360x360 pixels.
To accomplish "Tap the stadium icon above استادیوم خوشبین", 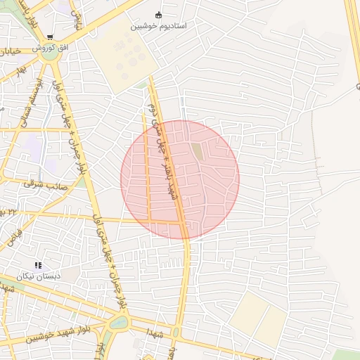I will [158, 15].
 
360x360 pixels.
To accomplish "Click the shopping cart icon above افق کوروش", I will [50, 37].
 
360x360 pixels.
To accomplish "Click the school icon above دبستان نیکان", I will [38, 265].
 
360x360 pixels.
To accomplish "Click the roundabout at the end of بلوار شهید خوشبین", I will [117, 323].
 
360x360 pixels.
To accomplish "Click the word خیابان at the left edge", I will [8, 51].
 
